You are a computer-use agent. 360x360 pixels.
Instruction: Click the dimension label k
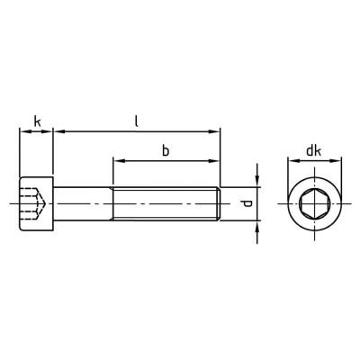coord(37,121)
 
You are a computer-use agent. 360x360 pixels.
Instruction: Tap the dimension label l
coord(136,121)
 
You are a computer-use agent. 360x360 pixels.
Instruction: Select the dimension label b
coord(166,150)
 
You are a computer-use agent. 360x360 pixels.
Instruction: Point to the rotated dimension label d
coord(247,204)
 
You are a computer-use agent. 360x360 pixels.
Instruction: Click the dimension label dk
coord(314,151)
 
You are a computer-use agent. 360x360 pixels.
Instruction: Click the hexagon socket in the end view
coord(315,204)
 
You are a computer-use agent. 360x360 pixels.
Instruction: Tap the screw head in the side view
coord(36,204)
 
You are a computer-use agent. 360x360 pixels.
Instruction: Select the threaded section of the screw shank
coord(166,204)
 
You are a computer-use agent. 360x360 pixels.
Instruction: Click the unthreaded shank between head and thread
coord(83,204)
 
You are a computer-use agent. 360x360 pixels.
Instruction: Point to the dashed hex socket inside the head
coord(33,204)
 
